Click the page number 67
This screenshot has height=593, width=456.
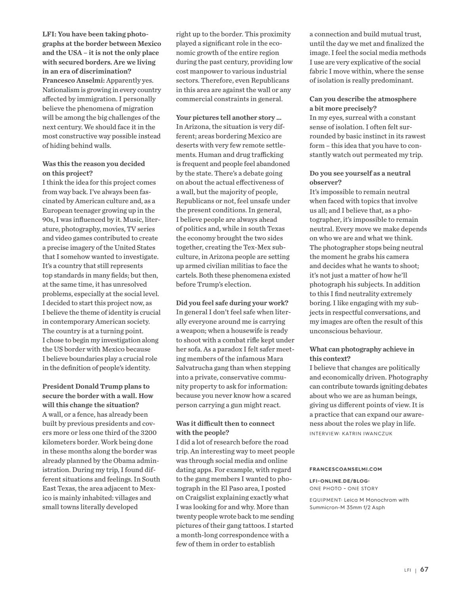point(424,570)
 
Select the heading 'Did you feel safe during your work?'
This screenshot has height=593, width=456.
point(232,303)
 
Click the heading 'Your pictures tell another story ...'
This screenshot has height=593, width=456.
point(228,117)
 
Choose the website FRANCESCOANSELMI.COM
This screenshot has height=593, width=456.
point(346,469)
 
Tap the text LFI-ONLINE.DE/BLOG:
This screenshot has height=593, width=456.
point(339,481)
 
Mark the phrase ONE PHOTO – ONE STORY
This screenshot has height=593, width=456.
point(344,489)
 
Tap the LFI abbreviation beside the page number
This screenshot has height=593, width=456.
point(407,570)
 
